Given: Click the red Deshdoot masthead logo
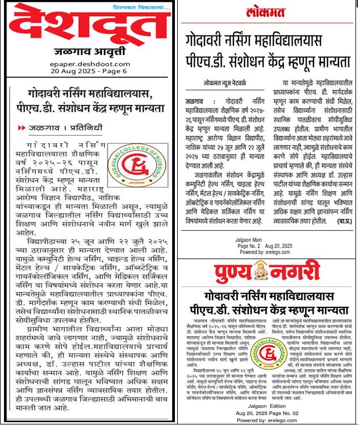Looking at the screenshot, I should pos(91,28).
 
